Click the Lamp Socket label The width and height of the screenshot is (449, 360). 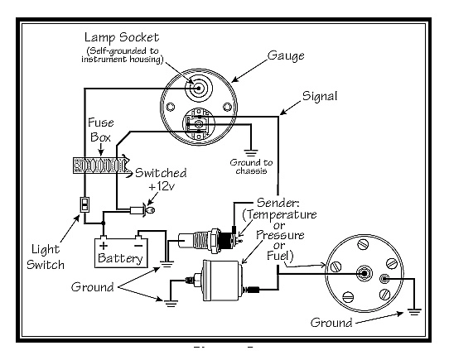click(x=122, y=38)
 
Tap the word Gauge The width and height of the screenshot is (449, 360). click(x=286, y=55)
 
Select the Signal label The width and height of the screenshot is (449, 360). click(x=320, y=96)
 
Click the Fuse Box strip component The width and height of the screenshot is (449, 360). click(x=100, y=166)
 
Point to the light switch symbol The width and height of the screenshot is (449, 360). click(x=84, y=204)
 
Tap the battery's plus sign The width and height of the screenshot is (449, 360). click(x=104, y=246)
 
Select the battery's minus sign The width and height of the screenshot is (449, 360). click(x=138, y=246)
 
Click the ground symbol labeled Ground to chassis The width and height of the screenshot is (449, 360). click(x=251, y=152)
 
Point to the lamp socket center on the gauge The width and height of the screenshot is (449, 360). click(x=198, y=89)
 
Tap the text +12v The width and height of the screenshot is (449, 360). click(x=162, y=186)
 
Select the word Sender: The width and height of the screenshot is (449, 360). click(x=278, y=203)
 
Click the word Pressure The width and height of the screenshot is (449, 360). click(x=280, y=235)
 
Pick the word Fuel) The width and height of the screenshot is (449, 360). click(x=280, y=256)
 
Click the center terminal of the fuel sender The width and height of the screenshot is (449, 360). click(x=364, y=273)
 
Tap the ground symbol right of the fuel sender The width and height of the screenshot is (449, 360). click(x=414, y=311)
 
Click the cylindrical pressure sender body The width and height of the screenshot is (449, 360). click(x=220, y=281)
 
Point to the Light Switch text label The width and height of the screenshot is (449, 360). click(x=46, y=257)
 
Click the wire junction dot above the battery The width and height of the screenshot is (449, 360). click(x=104, y=223)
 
